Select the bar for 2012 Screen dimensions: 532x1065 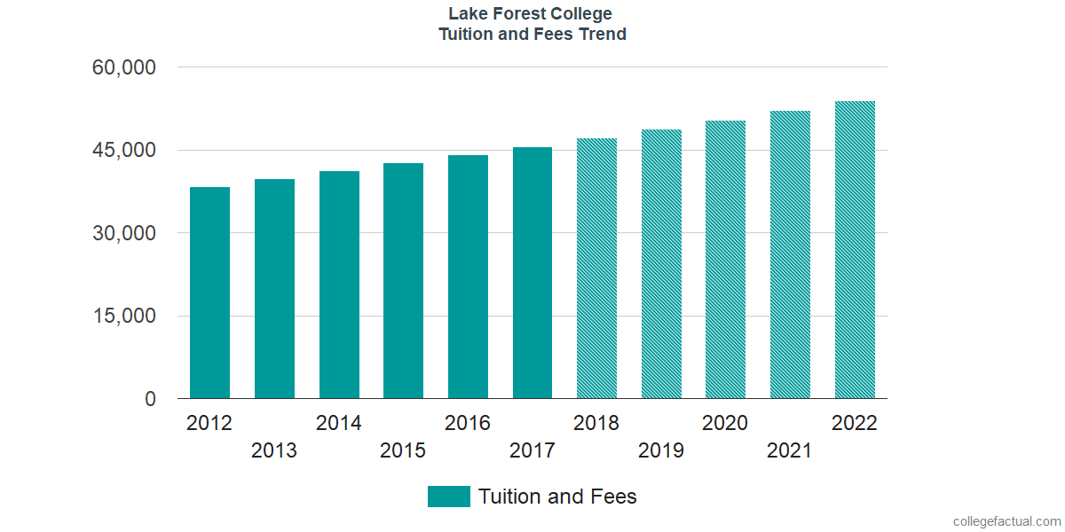coord(209,293)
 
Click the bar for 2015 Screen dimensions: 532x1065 coord(403,281)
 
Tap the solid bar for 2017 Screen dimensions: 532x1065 coord(532,273)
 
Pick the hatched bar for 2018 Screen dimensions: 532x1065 coord(596,269)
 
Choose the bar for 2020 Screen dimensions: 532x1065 coord(725,260)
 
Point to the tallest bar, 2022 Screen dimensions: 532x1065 coord(855,250)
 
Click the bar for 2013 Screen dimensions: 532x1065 coord(274,289)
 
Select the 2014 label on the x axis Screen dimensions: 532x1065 coord(339,423)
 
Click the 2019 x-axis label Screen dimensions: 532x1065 coord(661,451)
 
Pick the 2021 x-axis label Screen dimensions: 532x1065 coord(790,451)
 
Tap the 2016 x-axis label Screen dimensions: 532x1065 coord(468,423)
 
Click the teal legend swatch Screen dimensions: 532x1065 coord(448,497)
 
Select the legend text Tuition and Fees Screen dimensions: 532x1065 coord(557,497)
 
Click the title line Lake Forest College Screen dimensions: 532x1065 coord(531,14)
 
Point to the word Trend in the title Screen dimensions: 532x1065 coord(603,35)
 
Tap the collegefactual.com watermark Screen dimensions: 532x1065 coord(1006,521)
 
